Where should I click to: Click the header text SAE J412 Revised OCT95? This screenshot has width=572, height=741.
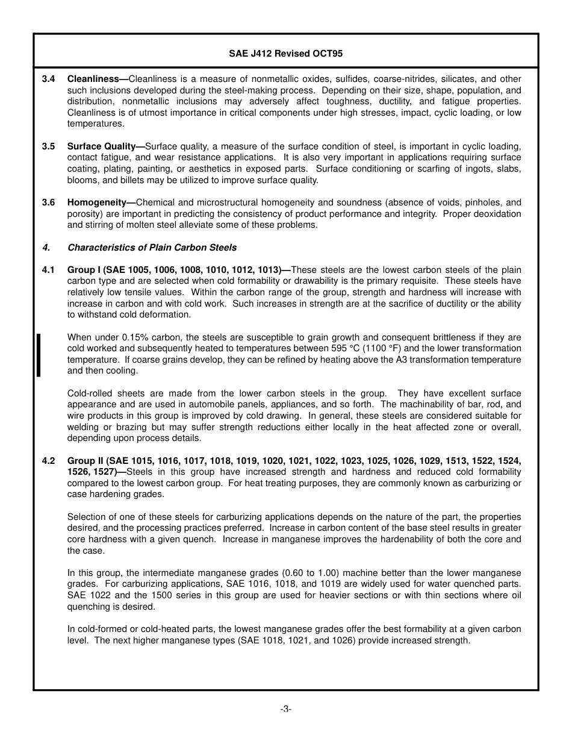pos(285,53)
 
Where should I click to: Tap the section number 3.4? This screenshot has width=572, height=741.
pos(49,79)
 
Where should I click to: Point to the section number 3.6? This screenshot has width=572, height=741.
pos(49,202)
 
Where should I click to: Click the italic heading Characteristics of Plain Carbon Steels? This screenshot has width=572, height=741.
pos(152,248)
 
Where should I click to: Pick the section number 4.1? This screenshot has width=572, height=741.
pos(49,270)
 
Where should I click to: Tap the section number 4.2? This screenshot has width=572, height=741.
pos(49,461)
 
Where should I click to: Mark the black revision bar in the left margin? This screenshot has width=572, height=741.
pos(39,355)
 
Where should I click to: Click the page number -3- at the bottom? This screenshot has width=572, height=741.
pos(285,709)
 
